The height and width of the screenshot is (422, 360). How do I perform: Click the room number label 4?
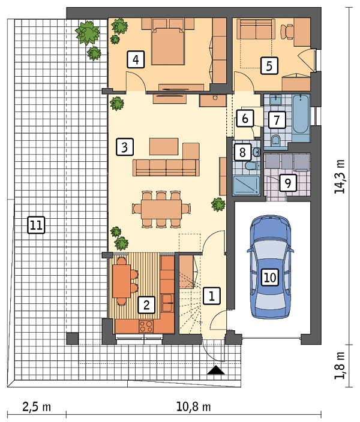point(136,59)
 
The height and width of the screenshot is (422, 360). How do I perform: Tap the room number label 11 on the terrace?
point(37,225)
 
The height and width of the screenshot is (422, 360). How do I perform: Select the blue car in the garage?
point(270,267)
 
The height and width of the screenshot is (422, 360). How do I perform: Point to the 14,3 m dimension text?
point(340,177)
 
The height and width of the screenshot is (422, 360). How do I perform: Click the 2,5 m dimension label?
point(37,406)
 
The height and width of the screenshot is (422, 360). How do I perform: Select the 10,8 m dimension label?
point(193,406)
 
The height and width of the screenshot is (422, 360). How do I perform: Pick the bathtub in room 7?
point(301,118)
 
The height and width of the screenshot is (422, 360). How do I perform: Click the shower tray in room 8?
point(246,185)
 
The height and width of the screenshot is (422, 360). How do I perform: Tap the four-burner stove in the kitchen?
point(146,326)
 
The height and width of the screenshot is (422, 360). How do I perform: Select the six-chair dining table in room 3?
point(161,209)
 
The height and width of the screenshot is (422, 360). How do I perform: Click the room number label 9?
point(288,183)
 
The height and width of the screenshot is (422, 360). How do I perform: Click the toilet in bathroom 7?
point(275,140)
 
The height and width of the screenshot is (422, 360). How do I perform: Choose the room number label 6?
point(245,118)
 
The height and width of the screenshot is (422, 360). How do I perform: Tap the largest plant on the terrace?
point(87,33)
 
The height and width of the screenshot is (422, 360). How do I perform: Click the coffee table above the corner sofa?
point(164,146)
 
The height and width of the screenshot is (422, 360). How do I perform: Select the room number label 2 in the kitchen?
point(146,305)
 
